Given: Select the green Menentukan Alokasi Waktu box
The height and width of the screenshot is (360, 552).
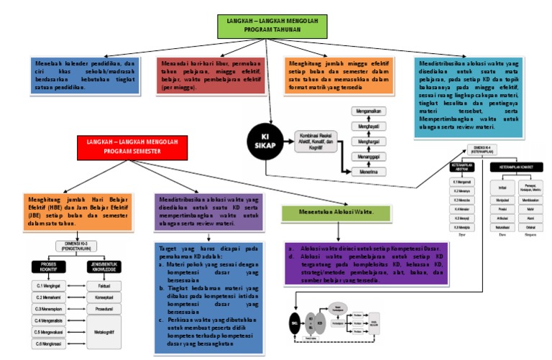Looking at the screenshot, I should point(327,212).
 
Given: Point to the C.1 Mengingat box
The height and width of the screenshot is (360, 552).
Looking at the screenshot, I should point(49,285).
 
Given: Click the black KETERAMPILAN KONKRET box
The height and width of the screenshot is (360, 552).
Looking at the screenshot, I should point(514,167).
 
